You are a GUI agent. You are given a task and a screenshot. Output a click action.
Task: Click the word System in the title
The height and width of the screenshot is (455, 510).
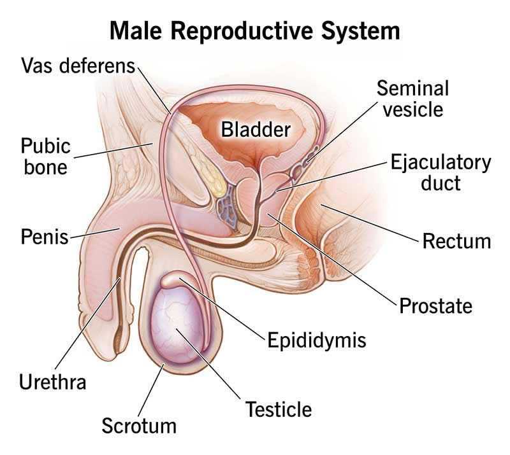tap(360, 31)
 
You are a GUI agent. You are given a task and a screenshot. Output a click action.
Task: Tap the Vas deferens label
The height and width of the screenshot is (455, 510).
tap(78, 66)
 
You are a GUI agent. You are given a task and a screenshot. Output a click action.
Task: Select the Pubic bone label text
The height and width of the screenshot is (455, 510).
tap(45, 157)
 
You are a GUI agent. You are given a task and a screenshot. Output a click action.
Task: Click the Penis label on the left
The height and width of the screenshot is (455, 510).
tap(45, 237)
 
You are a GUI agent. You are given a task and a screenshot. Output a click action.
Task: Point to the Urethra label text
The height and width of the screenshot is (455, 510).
tap(53, 382)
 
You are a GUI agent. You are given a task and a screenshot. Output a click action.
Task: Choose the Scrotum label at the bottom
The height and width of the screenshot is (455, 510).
tap(139, 426)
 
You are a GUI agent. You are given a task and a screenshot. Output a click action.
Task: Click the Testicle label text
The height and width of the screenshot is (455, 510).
tap(279, 409)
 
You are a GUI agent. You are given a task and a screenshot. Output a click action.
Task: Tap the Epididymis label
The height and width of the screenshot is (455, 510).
tap(317, 340)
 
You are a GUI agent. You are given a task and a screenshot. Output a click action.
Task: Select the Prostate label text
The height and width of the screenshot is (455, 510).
tap(436, 305)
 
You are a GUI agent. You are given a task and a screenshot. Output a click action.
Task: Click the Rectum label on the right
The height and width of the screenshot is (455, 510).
tap(456, 242)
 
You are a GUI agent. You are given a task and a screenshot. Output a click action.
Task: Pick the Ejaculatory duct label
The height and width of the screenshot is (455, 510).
tap(441, 172)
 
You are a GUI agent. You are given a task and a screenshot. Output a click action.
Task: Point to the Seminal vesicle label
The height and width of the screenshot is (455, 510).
tap(413, 99)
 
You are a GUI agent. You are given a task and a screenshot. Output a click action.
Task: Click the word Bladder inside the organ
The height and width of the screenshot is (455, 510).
tap(256, 130)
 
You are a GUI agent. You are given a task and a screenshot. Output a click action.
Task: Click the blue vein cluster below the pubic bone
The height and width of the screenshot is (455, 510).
tap(228, 206)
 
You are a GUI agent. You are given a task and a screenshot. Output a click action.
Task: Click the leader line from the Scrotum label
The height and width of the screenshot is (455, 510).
tap(150, 389)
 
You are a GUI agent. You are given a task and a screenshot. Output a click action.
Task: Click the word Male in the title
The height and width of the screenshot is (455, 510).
tap(136, 31)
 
